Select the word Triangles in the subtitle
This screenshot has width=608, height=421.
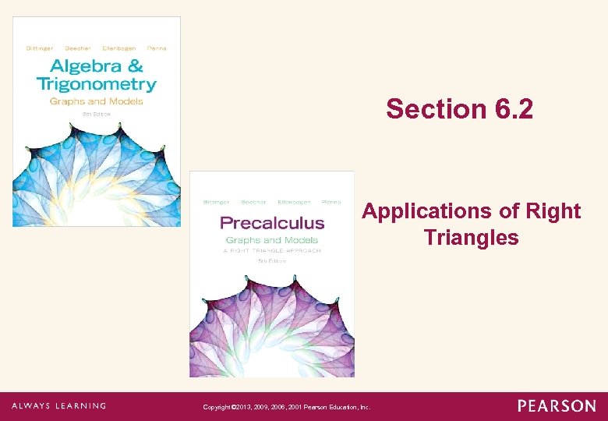[x=471, y=237]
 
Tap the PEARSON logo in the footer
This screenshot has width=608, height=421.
[x=557, y=405]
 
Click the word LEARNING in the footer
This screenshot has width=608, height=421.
[x=78, y=405]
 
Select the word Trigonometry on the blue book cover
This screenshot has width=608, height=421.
[x=96, y=84]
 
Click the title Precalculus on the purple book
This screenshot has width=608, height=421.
[x=271, y=223]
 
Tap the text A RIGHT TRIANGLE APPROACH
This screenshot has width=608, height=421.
[x=272, y=251]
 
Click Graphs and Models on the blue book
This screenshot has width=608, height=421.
[x=96, y=101]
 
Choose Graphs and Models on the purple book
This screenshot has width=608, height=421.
[x=272, y=240]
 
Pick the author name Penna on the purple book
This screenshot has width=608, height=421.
[x=331, y=202]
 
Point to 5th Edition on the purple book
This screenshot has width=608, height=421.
[x=271, y=261]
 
